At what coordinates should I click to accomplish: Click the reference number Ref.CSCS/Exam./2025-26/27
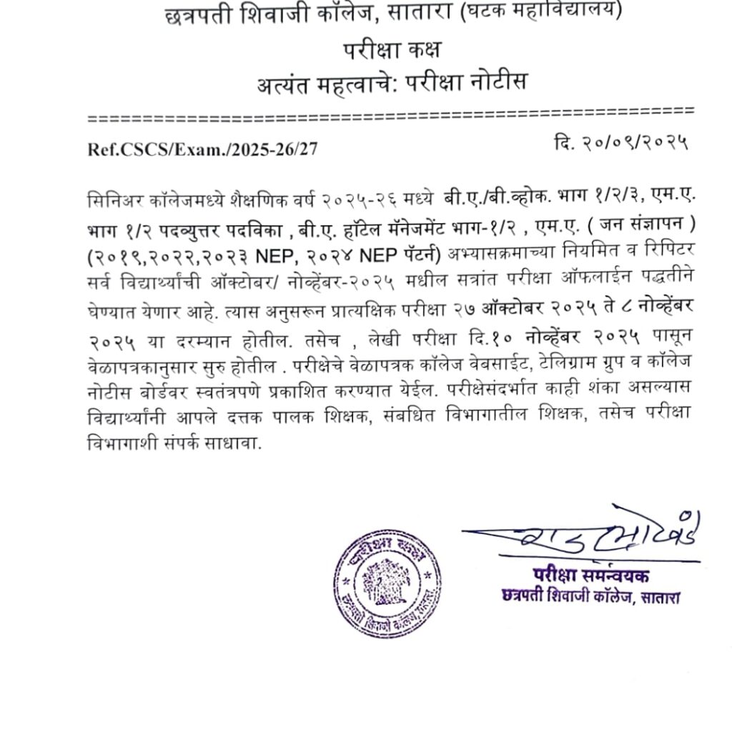pyautogui.click(x=202, y=149)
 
